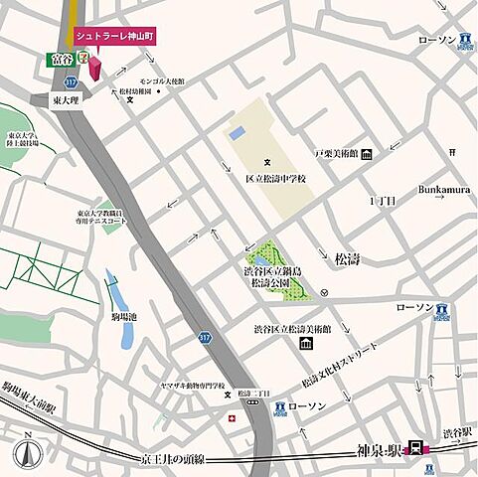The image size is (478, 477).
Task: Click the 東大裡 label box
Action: click(67, 99)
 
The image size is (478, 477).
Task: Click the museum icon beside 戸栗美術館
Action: click(367, 154)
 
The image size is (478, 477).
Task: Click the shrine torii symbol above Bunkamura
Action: click(452, 151)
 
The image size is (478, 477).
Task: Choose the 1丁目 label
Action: click(383, 200)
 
